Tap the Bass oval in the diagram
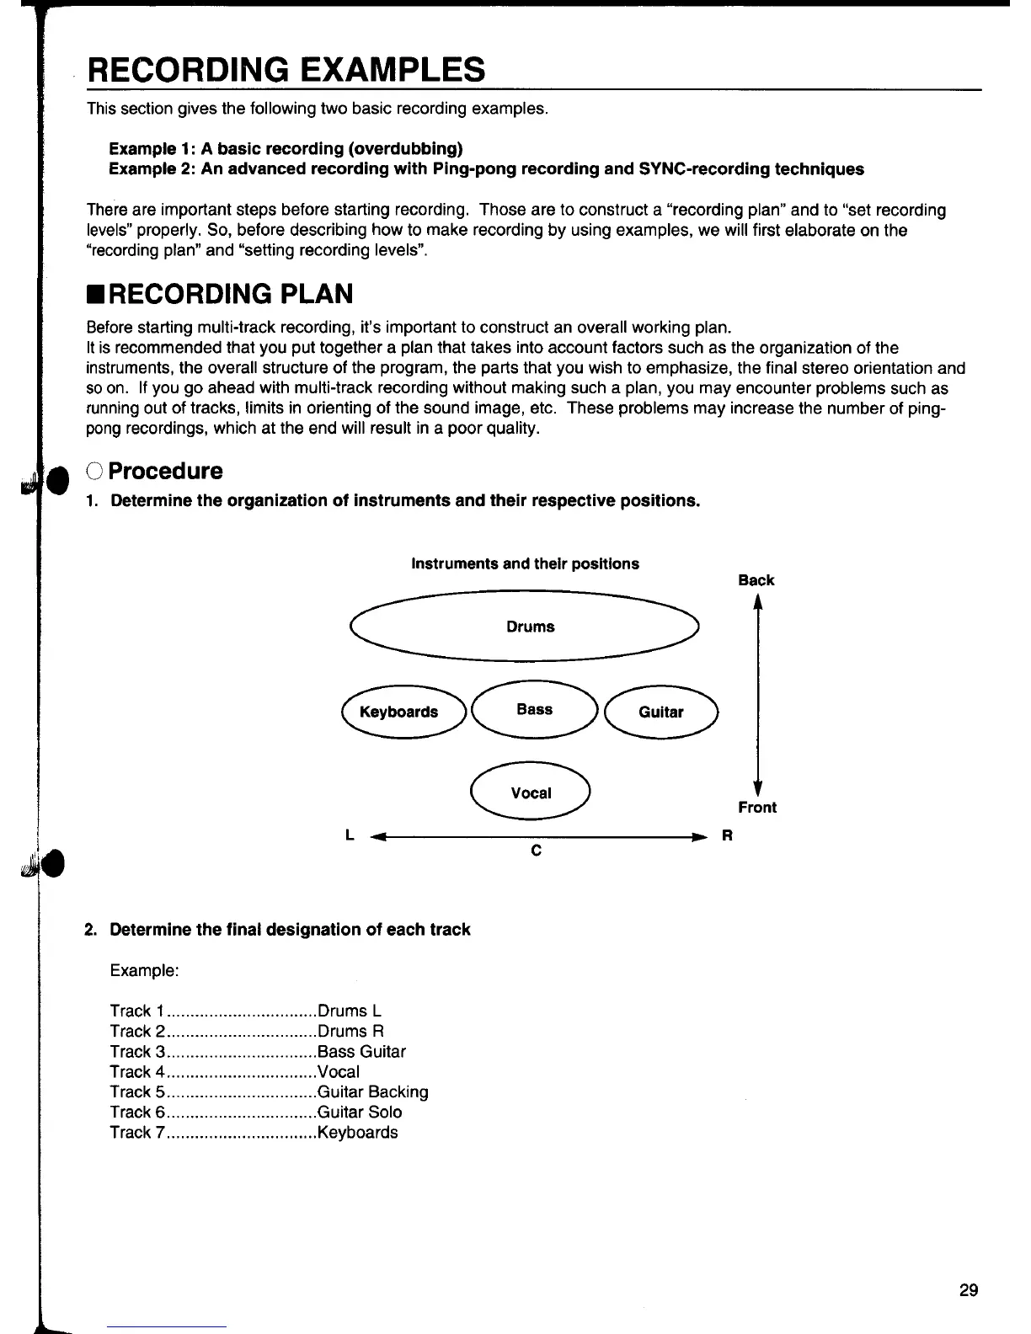pos(535,710)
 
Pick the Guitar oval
pos(661,712)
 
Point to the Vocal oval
pos(532,793)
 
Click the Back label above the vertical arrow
pos(756,580)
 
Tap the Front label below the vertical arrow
pos(757,808)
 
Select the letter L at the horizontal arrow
pos(349,836)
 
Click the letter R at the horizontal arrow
pos(727,836)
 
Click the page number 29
pos(969,1290)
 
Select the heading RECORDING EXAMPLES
pos(286,69)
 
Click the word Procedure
pos(166,471)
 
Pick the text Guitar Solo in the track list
pos(360,1113)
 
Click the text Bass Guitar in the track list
pos(361,1052)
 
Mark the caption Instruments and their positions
pos(525,564)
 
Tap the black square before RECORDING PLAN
pos(95,296)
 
